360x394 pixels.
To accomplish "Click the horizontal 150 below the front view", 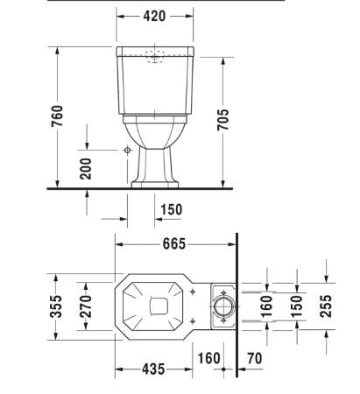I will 171,209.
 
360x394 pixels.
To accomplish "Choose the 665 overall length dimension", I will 173,244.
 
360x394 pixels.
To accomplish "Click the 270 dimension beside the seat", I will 86,306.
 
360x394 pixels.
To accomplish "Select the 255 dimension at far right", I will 325,306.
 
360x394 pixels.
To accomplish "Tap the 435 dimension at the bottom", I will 153,370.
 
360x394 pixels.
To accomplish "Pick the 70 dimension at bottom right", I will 257,358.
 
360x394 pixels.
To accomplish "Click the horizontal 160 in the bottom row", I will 208,358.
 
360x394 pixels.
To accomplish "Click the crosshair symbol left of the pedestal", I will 127,151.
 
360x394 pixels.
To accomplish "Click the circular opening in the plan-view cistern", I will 223,306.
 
